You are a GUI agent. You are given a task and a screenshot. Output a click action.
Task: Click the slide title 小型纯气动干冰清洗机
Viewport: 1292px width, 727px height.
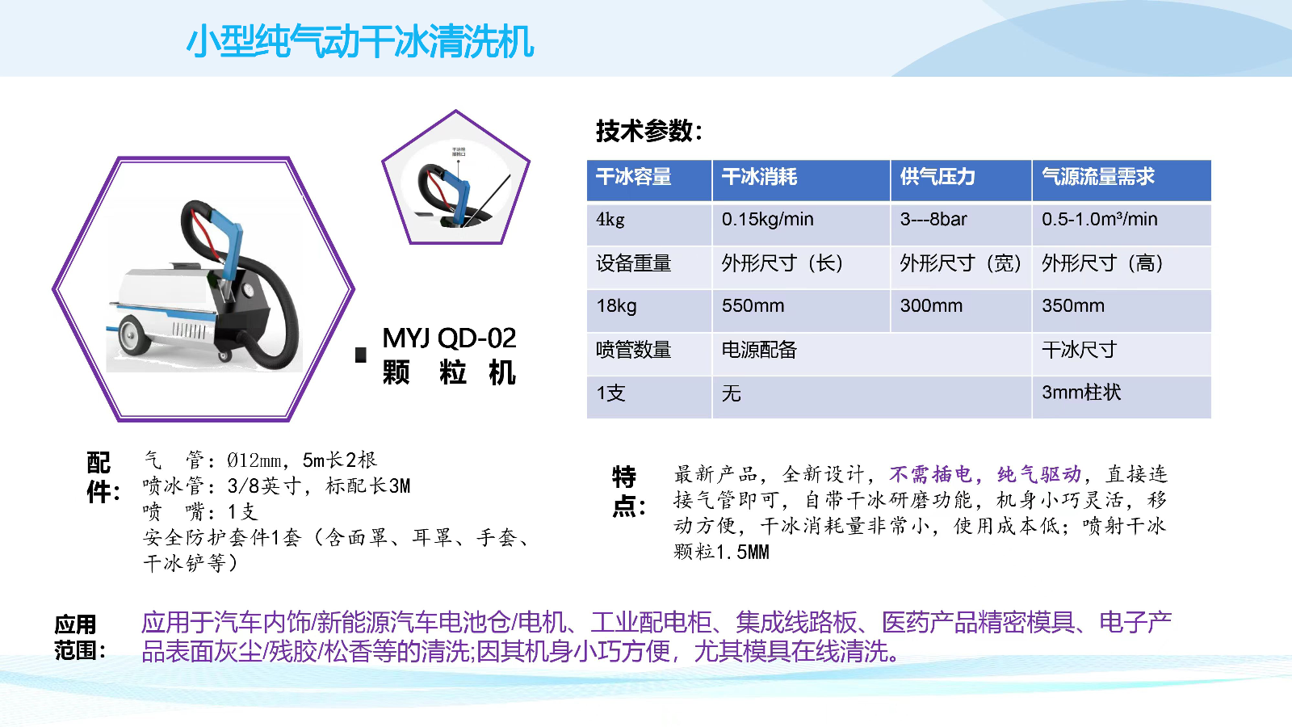360,41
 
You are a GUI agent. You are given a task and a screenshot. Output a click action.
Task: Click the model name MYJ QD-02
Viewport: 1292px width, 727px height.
449,338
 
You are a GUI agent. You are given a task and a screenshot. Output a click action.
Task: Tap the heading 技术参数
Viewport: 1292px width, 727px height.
649,131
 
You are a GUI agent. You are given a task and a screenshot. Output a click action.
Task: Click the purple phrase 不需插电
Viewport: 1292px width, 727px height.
930,474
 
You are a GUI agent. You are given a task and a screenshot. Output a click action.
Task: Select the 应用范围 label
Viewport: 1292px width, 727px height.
80,637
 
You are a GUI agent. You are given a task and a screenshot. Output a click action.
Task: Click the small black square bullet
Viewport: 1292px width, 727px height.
360,355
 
